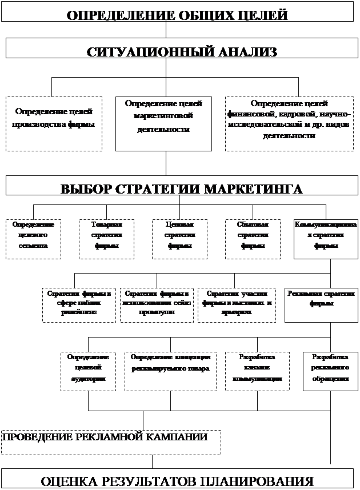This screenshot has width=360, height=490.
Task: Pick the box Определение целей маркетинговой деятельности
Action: [x=163, y=123]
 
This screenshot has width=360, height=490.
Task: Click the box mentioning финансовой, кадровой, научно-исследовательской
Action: [x=289, y=123]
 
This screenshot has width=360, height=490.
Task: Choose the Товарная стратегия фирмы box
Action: [x=107, y=239]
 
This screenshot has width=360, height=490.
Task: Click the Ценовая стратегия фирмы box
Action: [x=179, y=239]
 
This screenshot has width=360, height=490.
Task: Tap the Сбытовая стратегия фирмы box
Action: [x=253, y=239]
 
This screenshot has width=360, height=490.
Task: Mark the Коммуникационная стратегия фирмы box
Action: [x=326, y=239]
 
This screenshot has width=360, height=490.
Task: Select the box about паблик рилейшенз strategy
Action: [x=79, y=305]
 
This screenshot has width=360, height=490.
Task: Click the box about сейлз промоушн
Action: [x=156, y=305]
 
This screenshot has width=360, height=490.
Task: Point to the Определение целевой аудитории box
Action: [x=88, y=370]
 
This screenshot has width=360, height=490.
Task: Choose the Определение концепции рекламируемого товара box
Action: [x=171, y=370]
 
